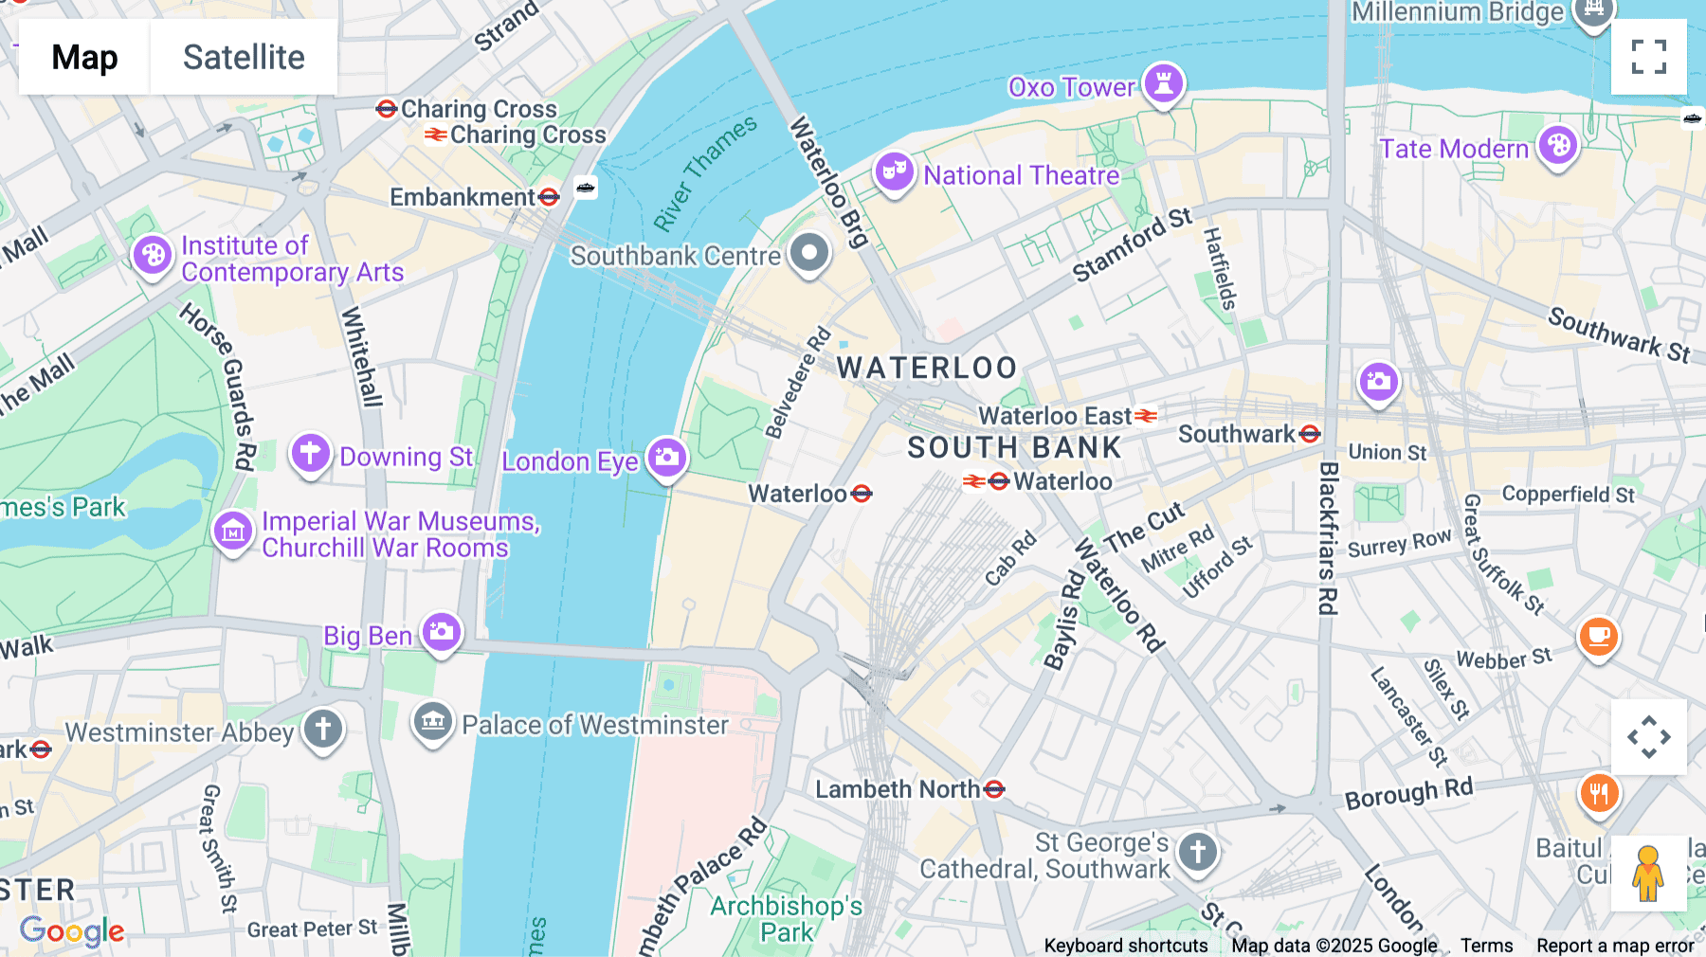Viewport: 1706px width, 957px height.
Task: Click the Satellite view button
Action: point(244,57)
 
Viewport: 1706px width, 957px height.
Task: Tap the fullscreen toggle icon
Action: point(1648,57)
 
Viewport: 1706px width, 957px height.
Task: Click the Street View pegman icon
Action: point(1647,874)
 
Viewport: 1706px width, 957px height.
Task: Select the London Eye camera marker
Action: point(667,458)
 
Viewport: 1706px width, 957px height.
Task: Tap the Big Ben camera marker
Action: point(442,632)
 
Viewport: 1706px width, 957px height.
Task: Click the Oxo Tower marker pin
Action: point(1163,84)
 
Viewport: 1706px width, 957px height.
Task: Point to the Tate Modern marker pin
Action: point(1557,146)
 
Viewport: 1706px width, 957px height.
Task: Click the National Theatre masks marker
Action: point(894,172)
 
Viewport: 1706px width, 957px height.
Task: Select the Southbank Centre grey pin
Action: point(809,253)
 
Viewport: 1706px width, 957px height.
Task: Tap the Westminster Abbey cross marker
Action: point(323,730)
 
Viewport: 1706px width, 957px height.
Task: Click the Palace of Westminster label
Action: point(594,725)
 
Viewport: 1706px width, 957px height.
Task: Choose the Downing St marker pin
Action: point(310,454)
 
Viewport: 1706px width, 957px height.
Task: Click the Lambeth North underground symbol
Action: point(994,789)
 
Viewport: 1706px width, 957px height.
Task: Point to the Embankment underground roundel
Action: point(549,197)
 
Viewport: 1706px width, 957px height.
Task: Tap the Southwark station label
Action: point(1236,434)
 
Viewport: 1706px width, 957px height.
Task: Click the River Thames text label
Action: point(705,172)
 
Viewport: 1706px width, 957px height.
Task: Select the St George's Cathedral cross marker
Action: point(1197,851)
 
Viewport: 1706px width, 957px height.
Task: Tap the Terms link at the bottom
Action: point(1485,946)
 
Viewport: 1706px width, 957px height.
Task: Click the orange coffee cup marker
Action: point(1598,636)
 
